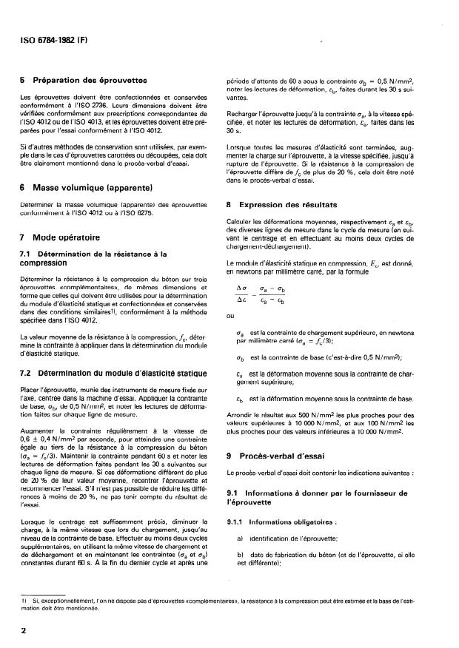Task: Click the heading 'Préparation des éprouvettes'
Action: point(94,81)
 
